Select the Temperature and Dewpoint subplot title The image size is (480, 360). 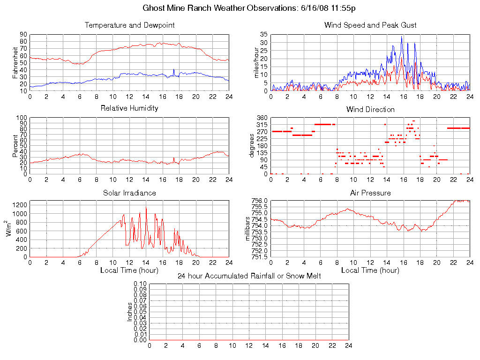[129, 25]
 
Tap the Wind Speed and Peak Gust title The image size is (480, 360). [370, 25]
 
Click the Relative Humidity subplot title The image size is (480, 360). [129, 108]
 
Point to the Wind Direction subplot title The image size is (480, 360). [370, 110]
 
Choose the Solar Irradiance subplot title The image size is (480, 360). [129, 193]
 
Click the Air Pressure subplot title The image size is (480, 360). [370, 193]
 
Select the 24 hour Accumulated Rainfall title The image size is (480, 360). [249, 276]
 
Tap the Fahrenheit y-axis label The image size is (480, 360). [15, 62]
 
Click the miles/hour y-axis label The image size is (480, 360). [256, 62]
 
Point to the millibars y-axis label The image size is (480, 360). [249, 229]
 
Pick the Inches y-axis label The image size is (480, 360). [130, 312]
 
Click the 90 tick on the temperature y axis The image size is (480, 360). [23, 35]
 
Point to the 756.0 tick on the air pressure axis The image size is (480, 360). [260, 201]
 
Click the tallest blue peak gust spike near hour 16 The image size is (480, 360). [401, 37]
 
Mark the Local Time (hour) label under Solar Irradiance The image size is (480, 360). [129, 270]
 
